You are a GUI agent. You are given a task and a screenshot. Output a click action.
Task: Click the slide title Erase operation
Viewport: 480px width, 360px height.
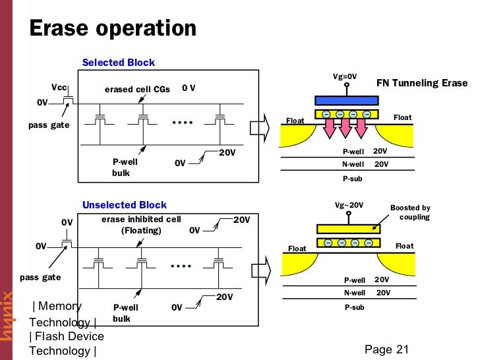113,29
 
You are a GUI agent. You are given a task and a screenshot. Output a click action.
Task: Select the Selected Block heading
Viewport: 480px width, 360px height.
119,63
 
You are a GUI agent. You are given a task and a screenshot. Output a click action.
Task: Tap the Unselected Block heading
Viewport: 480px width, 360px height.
125,205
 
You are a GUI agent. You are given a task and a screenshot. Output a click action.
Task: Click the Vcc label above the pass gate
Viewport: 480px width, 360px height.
60,88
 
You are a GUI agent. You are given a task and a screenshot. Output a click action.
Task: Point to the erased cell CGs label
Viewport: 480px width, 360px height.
137,90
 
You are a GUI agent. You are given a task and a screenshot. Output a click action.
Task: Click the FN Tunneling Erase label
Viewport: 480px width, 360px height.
421,84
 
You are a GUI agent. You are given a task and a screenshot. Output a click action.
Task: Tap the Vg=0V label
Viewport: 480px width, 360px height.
344,77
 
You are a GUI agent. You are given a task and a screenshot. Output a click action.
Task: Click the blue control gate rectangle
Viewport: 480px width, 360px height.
347,100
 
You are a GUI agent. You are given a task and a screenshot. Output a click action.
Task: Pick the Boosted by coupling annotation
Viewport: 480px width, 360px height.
410,212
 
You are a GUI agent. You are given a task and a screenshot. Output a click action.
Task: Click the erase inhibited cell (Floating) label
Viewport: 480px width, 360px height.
141,225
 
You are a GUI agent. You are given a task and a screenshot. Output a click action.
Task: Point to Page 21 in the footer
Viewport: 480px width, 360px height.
386,349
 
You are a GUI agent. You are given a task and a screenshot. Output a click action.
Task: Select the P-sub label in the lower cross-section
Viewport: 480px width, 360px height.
354,307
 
